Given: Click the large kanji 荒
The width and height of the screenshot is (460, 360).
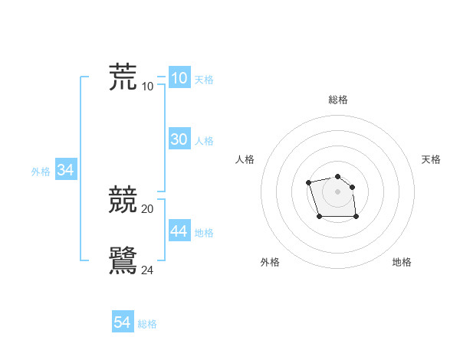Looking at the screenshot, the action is (123, 77).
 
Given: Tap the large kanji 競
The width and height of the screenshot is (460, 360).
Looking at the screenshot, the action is (123, 201).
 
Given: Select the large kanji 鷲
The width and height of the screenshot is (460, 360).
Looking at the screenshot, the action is (123, 260).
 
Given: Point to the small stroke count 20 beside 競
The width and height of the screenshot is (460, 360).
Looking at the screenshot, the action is (148, 209).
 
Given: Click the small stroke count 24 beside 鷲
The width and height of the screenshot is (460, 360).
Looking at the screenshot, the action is (148, 270).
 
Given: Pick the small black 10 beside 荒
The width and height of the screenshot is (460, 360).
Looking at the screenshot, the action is (148, 86).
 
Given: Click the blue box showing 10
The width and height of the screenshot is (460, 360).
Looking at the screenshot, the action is (179, 78).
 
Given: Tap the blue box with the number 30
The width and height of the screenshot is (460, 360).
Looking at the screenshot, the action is (179, 139).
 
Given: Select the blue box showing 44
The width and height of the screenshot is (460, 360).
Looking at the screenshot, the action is (179, 231).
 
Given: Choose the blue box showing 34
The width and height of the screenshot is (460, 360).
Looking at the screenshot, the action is (65, 171).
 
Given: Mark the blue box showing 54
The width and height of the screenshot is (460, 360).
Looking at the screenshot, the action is (122, 323).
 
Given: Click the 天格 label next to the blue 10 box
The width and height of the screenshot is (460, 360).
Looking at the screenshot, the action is (204, 80).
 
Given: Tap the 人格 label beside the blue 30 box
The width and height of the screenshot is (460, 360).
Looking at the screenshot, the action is (204, 141).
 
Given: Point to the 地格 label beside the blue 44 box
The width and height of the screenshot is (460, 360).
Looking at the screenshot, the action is (204, 233).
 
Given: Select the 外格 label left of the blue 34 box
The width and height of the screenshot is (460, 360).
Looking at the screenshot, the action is (41, 172).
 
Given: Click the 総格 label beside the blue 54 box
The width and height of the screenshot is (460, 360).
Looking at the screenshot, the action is (147, 325).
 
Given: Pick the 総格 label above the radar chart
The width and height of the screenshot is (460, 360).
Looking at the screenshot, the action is (338, 100).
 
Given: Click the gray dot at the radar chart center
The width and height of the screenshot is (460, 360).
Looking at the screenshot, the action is (338, 191).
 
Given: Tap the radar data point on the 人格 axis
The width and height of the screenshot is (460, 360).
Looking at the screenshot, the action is (308, 182).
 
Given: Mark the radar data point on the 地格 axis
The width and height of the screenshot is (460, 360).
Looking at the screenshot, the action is (356, 217).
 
